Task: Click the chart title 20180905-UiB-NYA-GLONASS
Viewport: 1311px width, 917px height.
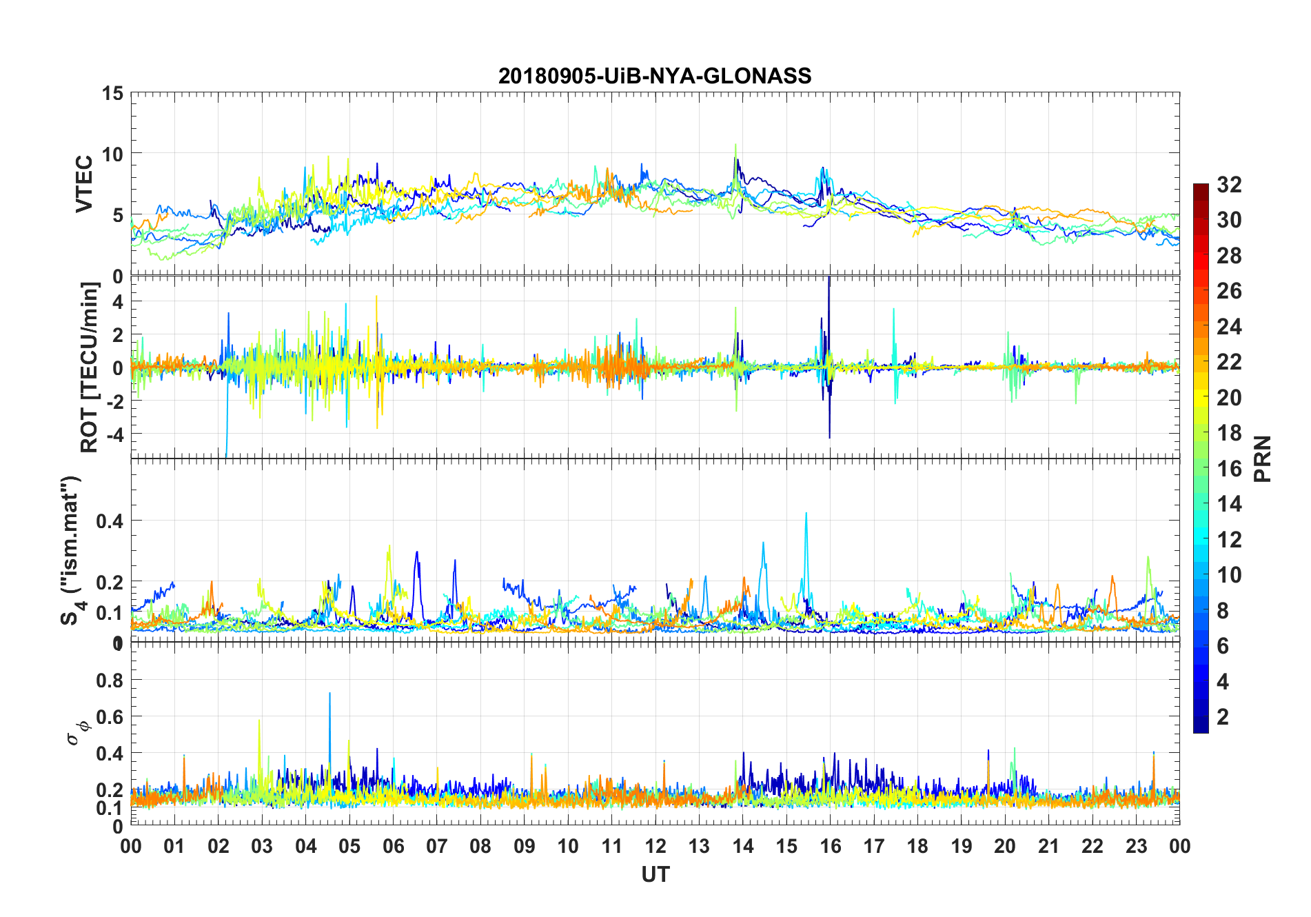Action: [655, 76]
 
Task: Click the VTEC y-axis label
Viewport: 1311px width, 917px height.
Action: [84, 184]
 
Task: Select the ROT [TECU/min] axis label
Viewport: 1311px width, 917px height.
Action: [90, 367]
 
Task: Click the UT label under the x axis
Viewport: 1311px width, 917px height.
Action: [655, 874]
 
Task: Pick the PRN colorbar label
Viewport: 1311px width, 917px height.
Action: [1262, 458]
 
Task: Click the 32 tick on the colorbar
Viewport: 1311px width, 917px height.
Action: [1229, 184]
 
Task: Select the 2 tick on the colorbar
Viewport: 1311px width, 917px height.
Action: [1223, 716]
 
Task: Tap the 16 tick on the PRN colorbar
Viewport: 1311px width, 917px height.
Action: [1229, 468]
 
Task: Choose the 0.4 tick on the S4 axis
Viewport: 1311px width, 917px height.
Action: [110, 521]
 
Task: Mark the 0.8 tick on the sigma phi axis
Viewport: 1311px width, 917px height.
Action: [110, 681]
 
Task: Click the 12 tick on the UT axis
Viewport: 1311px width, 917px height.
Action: [655, 846]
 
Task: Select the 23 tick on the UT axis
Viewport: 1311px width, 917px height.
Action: [1136, 846]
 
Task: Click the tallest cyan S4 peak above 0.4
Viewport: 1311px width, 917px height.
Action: [806, 514]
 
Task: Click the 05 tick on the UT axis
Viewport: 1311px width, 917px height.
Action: [349, 846]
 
